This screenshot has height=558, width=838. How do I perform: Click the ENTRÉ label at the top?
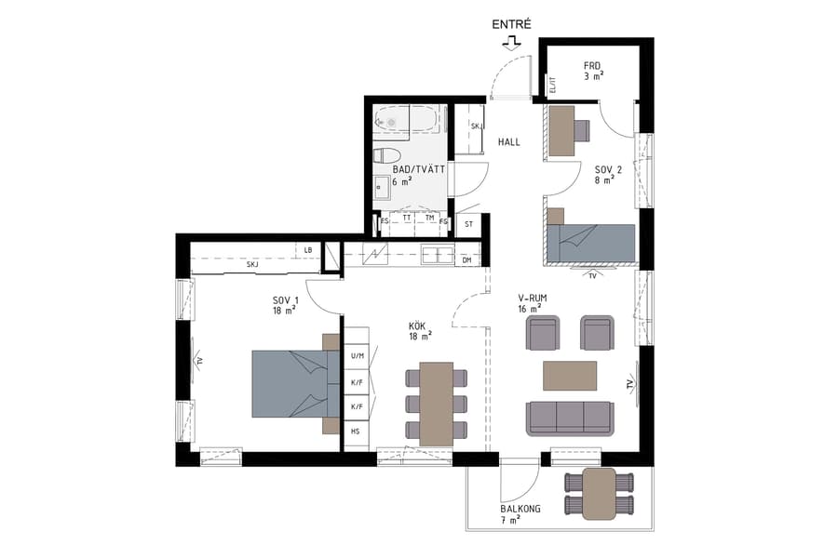pyautogui.click(x=512, y=24)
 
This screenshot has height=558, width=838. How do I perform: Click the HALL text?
pyautogui.click(x=508, y=142)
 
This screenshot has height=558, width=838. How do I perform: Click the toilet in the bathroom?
pyautogui.click(x=386, y=155)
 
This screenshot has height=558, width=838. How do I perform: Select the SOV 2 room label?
pyautogui.click(x=605, y=174)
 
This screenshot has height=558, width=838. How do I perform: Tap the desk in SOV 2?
pyautogui.click(x=561, y=131)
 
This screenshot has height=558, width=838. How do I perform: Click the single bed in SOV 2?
pyautogui.click(x=590, y=242)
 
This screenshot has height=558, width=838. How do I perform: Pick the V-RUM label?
pyautogui.click(x=532, y=303)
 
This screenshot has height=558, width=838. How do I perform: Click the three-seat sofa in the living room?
pyautogui.click(x=569, y=418)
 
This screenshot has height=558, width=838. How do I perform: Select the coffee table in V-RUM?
pyautogui.click(x=569, y=376)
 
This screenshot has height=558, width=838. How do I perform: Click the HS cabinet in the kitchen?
pyautogui.click(x=356, y=432)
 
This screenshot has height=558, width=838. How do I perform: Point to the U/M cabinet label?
pyautogui.click(x=357, y=356)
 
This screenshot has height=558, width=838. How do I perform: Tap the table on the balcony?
pyautogui.click(x=600, y=493)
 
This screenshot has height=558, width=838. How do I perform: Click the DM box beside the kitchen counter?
pyautogui.click(x=466, y=260)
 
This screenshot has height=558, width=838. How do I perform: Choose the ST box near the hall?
pyautogui.click(x=468, y=223)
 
